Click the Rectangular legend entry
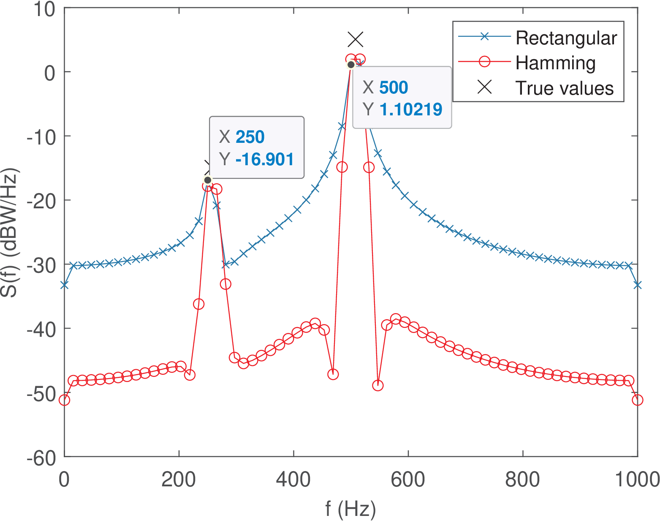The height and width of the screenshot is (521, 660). [566, 38]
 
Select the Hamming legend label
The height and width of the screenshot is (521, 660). [555, 63]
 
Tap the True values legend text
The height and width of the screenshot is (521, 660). [564, 88]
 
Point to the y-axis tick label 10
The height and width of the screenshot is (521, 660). [44, 9]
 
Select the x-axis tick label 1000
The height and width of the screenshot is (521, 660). [637, 480]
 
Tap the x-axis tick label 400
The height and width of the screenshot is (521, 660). [293, 480]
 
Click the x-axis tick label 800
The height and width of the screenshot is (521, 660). [523, 480]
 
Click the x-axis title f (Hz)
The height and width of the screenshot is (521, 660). [350, 509]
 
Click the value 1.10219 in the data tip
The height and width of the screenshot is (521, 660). [410, 109]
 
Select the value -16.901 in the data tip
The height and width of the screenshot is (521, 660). [264, 159]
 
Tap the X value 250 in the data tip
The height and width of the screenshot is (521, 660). [250, 137]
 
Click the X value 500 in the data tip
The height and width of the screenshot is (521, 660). [394, 87]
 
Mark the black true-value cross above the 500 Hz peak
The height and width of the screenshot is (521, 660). [356, 40]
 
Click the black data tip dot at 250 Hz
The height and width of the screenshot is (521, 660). [207, 180]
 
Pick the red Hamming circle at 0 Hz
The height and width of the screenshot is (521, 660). [64, 400]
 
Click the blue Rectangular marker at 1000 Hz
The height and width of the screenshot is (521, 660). [637, 286]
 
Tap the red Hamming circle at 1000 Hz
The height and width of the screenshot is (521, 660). [637, 400]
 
